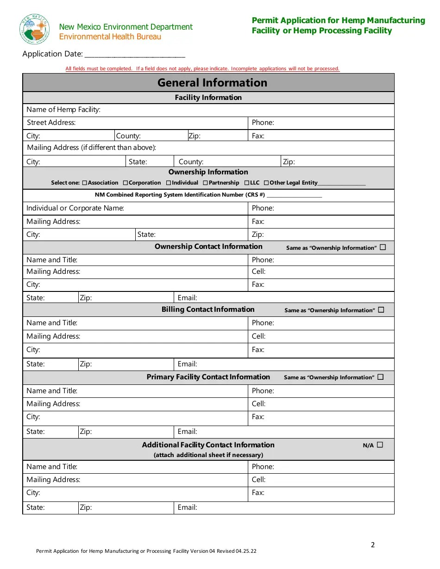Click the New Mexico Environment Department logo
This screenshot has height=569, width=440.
(x=35, y=29)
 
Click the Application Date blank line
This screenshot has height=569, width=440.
(x=135, y=55)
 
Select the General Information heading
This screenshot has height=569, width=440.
(x=212, y=83)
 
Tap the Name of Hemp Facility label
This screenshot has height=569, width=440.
(x=63, y=110)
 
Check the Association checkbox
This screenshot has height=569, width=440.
(x=84, y=183)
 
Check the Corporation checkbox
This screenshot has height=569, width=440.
(x=126, y=183)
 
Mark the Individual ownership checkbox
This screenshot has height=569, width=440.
(x=169, y=183)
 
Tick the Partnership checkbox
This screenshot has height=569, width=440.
(x=205, y=183)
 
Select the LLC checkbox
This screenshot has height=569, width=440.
(x=247, y=183)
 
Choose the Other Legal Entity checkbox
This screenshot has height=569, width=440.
(x=266, y=183)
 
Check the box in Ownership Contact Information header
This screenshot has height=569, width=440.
(x=383, y=247)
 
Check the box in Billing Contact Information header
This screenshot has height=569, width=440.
(x=381, y=310)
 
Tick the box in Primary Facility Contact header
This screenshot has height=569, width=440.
(x=381, y=377)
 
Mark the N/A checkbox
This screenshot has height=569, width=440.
(x=380, y=445)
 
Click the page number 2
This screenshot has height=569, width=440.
(x=373, y=545)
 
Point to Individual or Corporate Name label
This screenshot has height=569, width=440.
(x=75, y=208)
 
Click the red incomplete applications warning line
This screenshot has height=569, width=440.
(x=202, y=68)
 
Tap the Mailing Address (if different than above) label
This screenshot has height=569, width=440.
(x=91, y=148)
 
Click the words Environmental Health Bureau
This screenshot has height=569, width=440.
(x=110, y=37)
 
